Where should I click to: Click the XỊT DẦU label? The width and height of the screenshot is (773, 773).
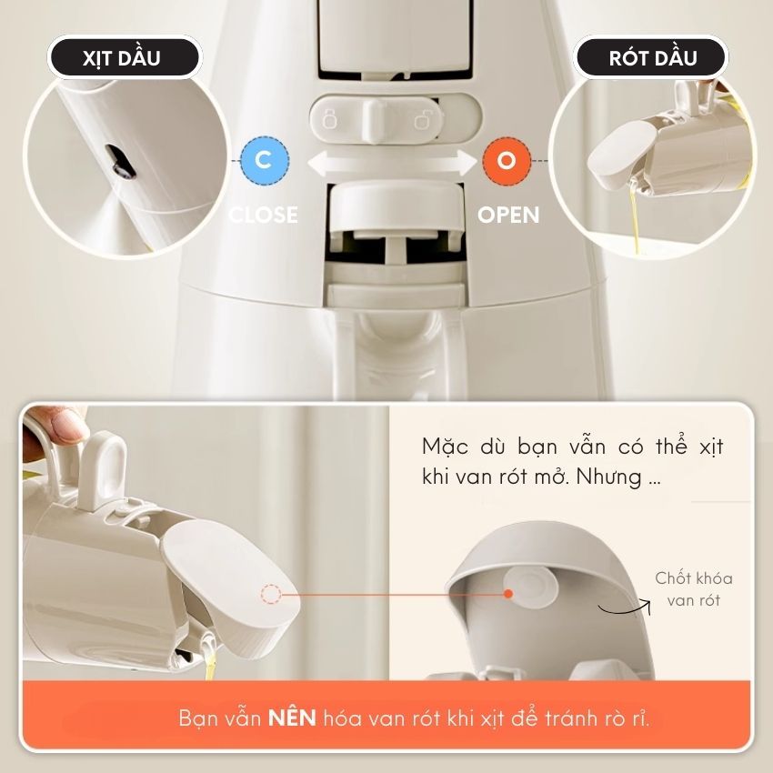(122, 57)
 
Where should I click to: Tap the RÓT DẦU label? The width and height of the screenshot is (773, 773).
(653, 57)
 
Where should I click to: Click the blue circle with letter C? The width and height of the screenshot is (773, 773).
(265, 160)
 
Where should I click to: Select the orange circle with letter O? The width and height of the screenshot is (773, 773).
(507, 160)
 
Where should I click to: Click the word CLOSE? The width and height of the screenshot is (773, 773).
(264, 215)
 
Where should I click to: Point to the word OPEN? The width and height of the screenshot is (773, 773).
(508, 215)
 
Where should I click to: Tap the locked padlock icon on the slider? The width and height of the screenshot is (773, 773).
(329, 120)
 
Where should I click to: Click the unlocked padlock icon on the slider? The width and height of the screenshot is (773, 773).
(423, 120)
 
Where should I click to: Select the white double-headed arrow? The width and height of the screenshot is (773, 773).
(393, 163)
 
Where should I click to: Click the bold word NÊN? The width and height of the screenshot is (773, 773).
(292, 718)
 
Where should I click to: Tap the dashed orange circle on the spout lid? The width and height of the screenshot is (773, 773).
(271, 594)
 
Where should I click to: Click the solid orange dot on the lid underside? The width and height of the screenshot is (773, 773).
(508, 594)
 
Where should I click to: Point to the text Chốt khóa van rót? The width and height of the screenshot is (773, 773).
(693, 589)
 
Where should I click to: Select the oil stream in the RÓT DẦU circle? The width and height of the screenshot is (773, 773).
(636, 217)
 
